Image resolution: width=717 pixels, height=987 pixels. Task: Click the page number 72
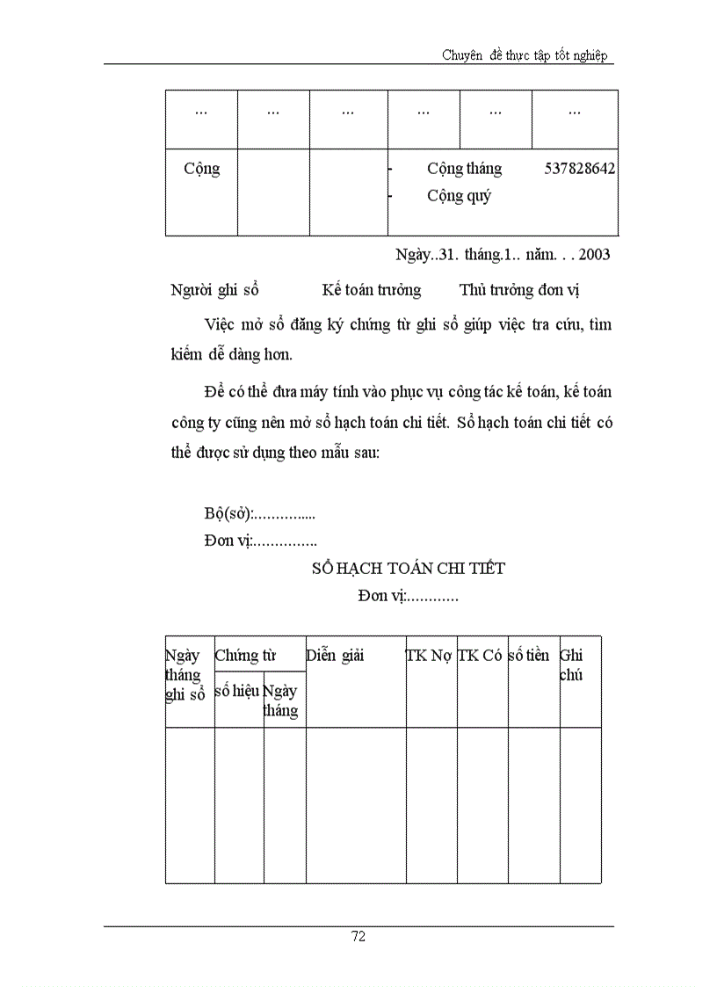point(358,936)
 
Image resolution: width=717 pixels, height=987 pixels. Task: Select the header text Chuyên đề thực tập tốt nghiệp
point(525,55)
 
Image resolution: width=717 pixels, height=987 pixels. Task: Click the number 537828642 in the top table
point(579,169)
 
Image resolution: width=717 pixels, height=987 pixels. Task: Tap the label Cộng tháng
point(464,169)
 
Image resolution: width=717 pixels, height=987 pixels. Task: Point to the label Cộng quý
point(459,196)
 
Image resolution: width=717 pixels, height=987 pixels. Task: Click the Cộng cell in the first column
point(201,169)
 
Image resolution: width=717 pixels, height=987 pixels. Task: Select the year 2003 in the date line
point(593,255)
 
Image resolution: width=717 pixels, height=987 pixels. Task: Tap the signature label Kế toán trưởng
point(371,290)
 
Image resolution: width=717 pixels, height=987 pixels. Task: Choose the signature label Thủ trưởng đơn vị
point(519,290)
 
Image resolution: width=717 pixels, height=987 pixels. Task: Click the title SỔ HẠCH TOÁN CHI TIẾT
point(409,569)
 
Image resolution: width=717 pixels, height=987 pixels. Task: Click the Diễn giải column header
point(335,656)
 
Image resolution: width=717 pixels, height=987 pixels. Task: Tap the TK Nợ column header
point(430,656)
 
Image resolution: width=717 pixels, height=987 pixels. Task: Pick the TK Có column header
point(481,656)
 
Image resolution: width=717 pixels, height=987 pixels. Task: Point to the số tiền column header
point(529,656)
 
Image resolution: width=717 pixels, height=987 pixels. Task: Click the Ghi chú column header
point(571,665)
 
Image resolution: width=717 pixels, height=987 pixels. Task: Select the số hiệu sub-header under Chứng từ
point(237,691)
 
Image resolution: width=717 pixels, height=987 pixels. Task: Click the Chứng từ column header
point(245,656)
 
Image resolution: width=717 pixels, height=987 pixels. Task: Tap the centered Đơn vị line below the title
point(408,597)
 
